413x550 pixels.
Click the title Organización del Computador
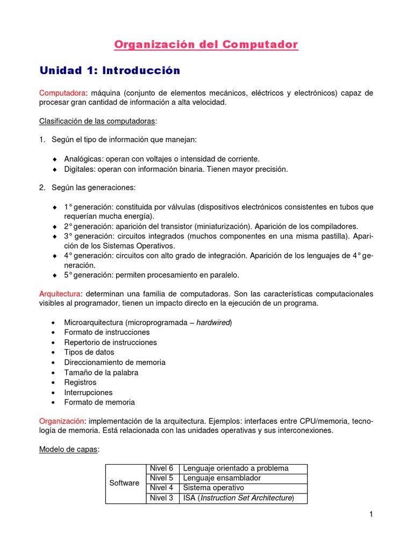(x=206, y=45)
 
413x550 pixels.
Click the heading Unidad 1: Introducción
(x=110, y=70)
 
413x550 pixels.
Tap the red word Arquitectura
(x=60, y=294)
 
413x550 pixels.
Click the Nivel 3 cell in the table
(x=161, y=498)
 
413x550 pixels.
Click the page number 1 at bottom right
(x=371, y=515)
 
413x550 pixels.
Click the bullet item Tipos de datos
(x=89, y=352)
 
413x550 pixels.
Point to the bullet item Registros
(x=80, y=382)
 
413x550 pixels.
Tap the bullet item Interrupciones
(x=88, y=393)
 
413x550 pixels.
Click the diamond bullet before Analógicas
(x=54, y=160)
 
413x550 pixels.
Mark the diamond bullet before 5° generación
(x=54, y=276)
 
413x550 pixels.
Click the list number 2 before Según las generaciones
(x=42, y=187)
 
